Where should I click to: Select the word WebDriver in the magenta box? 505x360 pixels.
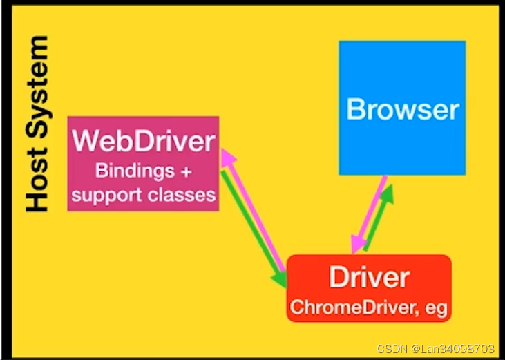coord(144,142)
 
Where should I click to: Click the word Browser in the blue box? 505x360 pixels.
coord(402,109)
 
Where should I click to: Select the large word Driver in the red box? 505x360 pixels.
coord(369,277)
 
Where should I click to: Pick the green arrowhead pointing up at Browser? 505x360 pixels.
coord(387,192)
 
